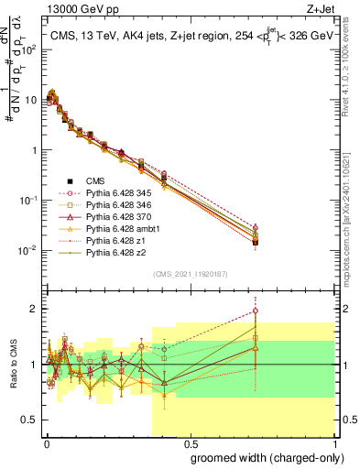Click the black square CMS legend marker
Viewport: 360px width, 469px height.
point(70,180)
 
